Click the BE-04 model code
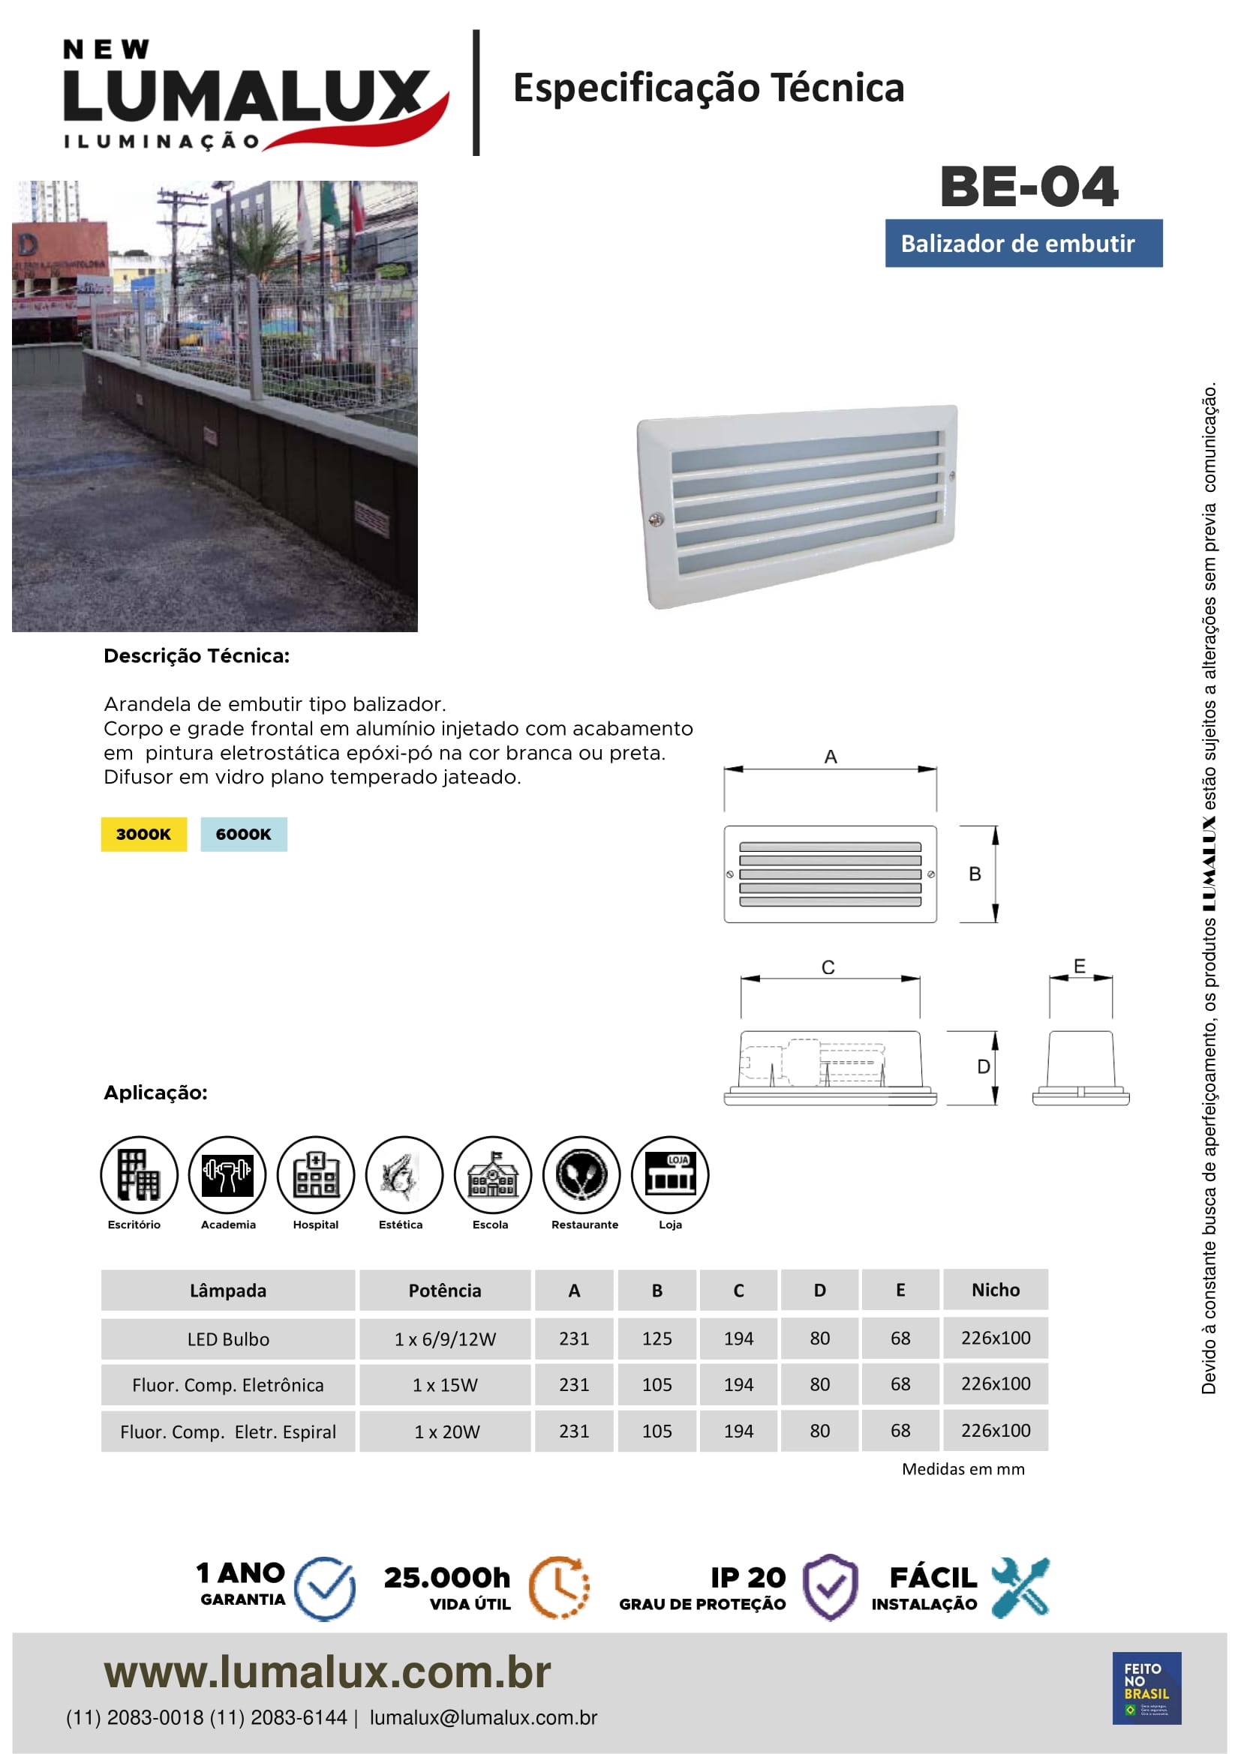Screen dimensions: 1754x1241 coord(1029,187)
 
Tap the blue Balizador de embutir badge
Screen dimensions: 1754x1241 coord(1023,244)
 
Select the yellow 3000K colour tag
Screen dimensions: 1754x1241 coord(143,834)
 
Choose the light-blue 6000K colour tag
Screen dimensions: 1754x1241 coord(244,834)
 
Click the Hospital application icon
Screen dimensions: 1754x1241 coord(316,1174)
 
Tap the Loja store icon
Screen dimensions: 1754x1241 coord(670,1174)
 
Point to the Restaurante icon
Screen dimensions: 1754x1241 coord(581,1174)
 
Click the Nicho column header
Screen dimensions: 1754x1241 coord(995,1291)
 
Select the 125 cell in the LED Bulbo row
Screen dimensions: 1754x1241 coord(657,1339)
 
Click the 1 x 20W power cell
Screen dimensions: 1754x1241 coord(446,1432)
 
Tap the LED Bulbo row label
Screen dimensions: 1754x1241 coord(228,1339)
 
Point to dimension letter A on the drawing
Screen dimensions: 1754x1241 coord(831,757)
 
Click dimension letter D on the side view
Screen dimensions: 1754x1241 coord(984,1066)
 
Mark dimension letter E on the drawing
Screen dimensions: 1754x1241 coord(1079,967)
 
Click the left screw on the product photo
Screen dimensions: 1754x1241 coord(656,520)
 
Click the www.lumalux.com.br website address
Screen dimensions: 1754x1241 coord(327,1672)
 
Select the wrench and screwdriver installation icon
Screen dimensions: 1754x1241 coord(1020,1588)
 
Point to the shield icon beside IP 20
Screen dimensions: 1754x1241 coord(830,1588)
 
